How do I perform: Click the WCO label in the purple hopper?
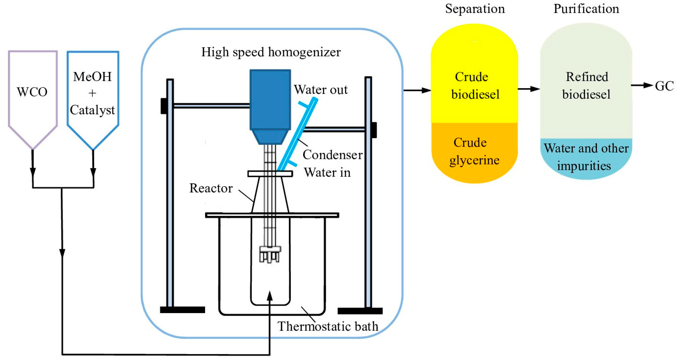pos(32,92)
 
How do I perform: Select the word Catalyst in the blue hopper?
pos(92,110)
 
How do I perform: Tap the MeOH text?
pos(92,77)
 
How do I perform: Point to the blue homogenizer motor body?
pos(270,100)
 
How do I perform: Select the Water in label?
pos(327,172)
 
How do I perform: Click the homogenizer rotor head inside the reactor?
pos(270,253)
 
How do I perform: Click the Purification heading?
pos(586,9)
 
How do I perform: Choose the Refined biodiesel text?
pos(586,85)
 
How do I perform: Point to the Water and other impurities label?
pos(586,157)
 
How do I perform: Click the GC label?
pos(664,86)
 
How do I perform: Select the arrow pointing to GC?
pos(642,85)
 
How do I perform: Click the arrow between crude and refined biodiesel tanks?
pos(529,89)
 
